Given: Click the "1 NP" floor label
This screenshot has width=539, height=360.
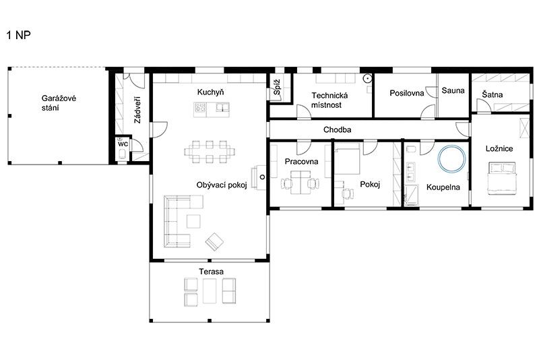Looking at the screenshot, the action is (19, 35).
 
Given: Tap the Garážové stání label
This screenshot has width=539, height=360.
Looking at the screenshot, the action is (59, 102).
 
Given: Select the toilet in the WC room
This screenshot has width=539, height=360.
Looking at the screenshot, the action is (123, 154).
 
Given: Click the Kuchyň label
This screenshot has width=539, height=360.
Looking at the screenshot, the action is (210, 92).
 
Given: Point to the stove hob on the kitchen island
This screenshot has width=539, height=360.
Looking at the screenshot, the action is (200, 108).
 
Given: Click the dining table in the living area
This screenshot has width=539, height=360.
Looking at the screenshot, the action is (210, 152).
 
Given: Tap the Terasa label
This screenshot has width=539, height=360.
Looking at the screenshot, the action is (211, 271).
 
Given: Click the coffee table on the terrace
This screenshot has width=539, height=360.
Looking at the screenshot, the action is (210, 291).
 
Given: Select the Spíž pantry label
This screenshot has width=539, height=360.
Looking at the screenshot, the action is (277, 87).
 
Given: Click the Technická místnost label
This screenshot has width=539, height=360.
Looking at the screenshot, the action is (329, 100).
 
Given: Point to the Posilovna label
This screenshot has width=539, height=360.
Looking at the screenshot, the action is (407, 93).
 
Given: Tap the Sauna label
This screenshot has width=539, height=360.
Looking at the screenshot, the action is (453, 90).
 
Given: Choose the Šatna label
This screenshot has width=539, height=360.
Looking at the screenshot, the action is (493, 94).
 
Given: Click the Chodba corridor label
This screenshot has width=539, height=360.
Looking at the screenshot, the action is (338, 129).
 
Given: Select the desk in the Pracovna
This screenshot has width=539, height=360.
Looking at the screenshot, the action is (300, 183).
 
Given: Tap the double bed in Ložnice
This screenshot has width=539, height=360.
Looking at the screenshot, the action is (502, 179).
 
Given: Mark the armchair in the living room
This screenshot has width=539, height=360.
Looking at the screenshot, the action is (214, 241).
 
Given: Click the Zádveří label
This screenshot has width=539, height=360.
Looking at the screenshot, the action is (137, 110).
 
